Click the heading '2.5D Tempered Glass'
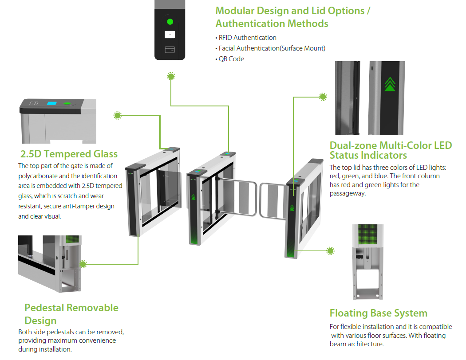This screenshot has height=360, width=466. tap(69, 154)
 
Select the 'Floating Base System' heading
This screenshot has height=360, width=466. tap(378, 313)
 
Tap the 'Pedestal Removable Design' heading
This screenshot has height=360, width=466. tap(71, 314)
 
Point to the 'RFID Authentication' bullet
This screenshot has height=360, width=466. tap(247, 38)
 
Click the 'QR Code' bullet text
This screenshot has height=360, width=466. tap(231, 59)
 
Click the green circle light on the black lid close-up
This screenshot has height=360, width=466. tap(170, 21)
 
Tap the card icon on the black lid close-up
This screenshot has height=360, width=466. tap(170, 49)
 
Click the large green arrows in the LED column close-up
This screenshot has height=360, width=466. tap(390, 84)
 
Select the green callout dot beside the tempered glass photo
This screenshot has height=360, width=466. tap(118, 116)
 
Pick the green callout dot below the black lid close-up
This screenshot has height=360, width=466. tap(171, 76)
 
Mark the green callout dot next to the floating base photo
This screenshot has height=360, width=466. tap(330, 251)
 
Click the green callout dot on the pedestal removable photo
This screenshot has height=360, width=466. tap(83, 264)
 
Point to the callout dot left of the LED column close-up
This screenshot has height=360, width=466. tap(323, 97)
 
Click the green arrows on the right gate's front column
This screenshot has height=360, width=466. tap(292, 207)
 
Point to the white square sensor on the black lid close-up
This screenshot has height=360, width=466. tap(170, 34)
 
